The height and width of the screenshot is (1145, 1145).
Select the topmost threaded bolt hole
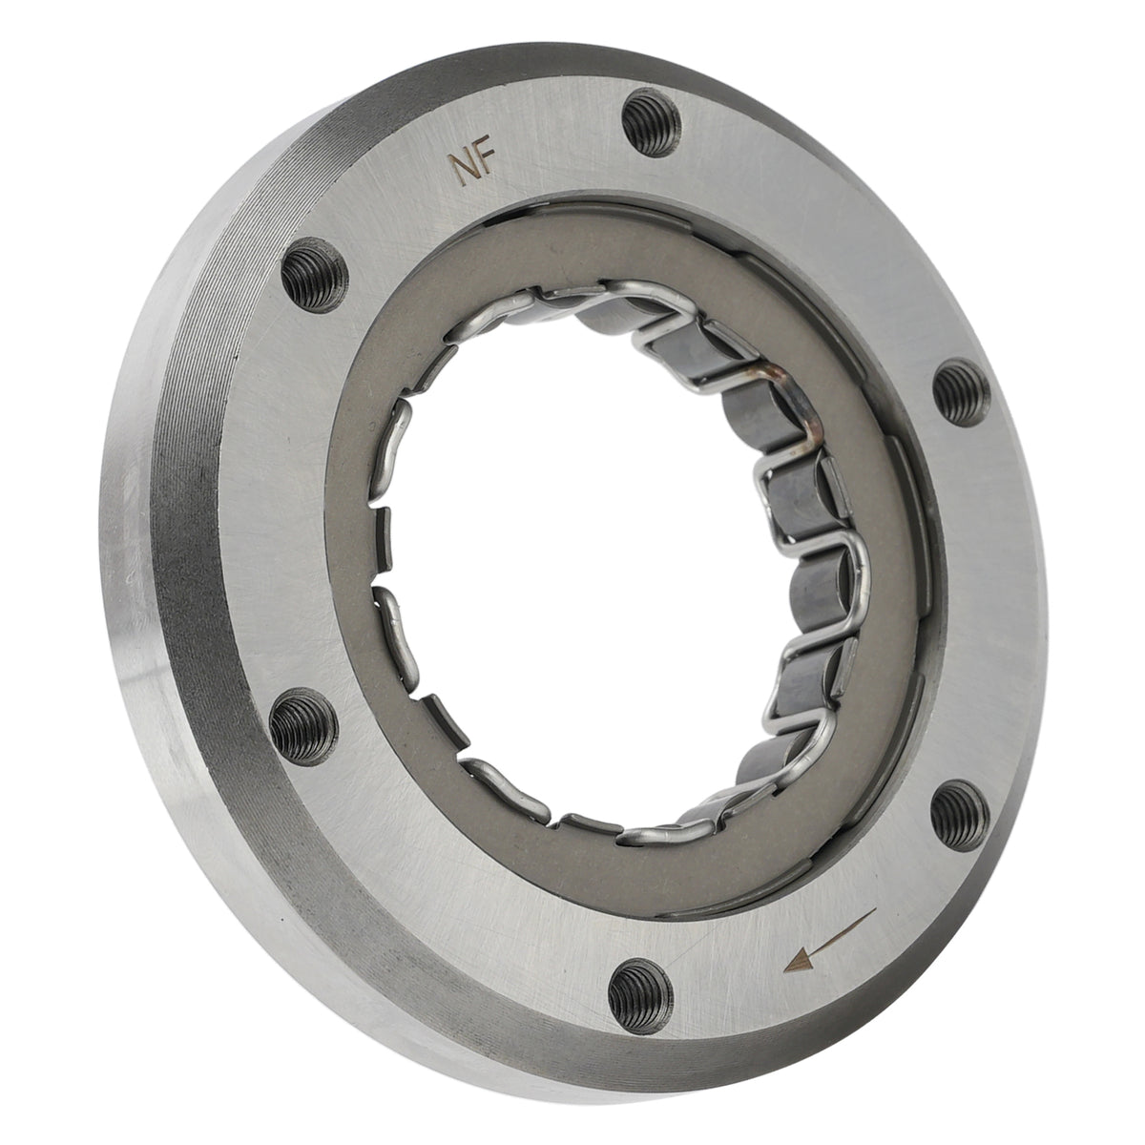pyautogui.click(x=652, y=122)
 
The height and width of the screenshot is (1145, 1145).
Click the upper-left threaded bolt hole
pyautogui.click(x=313, y=275)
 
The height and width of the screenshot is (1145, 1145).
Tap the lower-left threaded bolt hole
pyautogui.click(x=303, y=727)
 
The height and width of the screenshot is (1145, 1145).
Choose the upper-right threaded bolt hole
pyautogui.click(x=961, y=393)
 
